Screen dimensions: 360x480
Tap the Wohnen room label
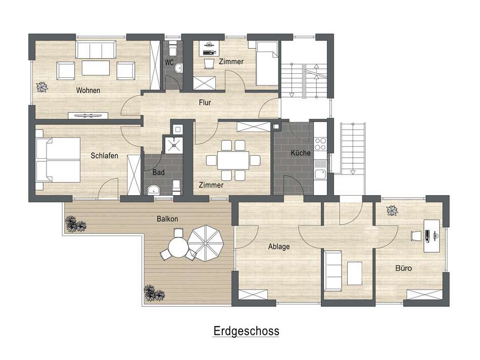tap(88, 91)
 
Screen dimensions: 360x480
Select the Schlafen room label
tap(105, 156)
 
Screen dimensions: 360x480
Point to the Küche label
tap(300, 153)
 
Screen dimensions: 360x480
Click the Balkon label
tap(167, 219)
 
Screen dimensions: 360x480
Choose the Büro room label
tap(403, 268)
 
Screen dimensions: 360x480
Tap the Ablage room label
tap(278, 247)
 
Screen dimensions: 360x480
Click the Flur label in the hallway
tap(205, 103)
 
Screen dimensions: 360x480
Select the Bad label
tap(158, 172)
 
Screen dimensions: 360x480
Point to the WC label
tap(169, 63)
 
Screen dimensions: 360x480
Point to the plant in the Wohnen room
tap(41, 87)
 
